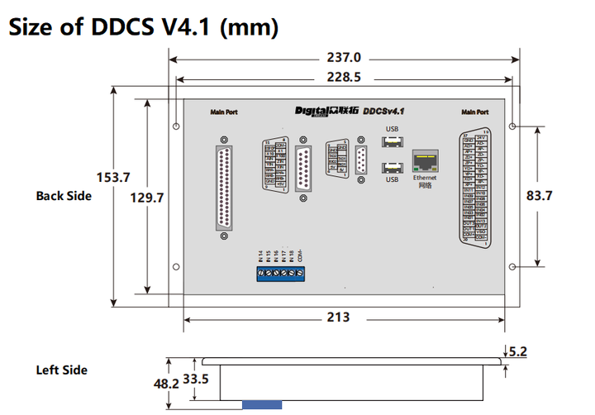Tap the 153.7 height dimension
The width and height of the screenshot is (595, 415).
[114, 177]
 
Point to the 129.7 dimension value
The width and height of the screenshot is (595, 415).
[148, 198]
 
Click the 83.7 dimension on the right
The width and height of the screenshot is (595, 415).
[538, 196]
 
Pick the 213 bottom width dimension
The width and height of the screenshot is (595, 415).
[338, 317]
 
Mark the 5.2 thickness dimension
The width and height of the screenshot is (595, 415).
[518, 351]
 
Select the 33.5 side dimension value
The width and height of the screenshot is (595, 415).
[196, 379]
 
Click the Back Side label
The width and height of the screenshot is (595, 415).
[64, 196]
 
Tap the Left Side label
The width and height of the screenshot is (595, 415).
[61, 370]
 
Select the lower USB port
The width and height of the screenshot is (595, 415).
[392, 168]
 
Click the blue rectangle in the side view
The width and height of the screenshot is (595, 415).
[262, 404]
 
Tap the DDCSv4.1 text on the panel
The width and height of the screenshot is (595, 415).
[388, 110]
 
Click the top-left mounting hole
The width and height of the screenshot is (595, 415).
[177, 126]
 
